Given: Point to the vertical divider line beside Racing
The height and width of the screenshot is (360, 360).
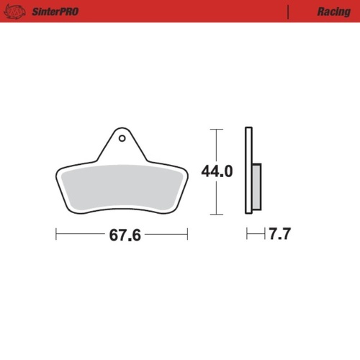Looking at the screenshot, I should click(x=288, y=12).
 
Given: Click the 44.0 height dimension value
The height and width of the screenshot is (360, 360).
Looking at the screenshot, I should click(x=218, y=172).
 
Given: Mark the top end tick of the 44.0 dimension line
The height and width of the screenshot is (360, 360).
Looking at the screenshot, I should click(x=213, y=129).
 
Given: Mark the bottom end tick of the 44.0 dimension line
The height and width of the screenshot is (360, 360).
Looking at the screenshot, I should click(x=213, y=215).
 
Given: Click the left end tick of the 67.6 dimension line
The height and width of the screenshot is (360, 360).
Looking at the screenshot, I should click(x=56, y=235).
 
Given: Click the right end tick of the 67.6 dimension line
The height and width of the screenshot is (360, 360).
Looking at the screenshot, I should click(x=187, y=235).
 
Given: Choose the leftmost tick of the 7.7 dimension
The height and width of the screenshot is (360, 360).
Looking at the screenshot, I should click(x=246, y=235).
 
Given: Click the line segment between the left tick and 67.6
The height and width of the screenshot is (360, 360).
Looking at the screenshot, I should click(x=79, y=235).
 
